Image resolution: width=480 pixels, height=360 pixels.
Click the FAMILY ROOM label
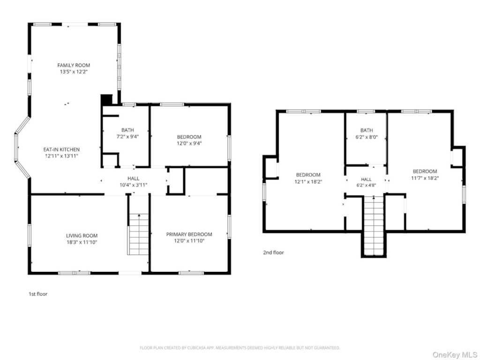click(74, 65)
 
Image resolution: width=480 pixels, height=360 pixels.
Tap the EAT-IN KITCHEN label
click(61, 150)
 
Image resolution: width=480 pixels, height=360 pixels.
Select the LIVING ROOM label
click(82, 235)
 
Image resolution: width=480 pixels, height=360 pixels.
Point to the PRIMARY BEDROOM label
click(189, 234)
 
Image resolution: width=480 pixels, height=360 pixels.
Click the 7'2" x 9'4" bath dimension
click(127, 136)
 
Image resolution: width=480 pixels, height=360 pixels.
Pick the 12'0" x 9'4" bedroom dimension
click(189, 143)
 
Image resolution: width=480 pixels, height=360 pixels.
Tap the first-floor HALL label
click(134, 178)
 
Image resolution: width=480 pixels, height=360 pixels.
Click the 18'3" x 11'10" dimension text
click(82, 242)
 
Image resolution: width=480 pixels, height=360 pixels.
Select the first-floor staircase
click(139, 234)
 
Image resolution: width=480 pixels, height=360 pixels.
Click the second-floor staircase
click(374, 226)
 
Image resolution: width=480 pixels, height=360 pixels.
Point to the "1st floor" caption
click(38, 294)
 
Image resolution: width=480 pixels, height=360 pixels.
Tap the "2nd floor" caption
click(273, 252)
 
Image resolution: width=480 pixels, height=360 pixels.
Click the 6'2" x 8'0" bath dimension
click(367, 137)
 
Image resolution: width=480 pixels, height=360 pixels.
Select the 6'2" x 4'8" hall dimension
click(366, 185)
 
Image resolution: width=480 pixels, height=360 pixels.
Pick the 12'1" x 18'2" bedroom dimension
click(308, 181)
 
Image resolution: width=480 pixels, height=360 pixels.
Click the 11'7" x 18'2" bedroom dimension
click(425, 178)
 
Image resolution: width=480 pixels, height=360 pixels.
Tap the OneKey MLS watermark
click(455, 354)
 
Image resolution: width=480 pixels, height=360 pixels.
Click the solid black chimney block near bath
click(106, 100)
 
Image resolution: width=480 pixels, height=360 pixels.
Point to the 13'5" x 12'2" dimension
click(74, 72)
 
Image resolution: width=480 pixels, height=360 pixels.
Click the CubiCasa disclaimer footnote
click(240, 348)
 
